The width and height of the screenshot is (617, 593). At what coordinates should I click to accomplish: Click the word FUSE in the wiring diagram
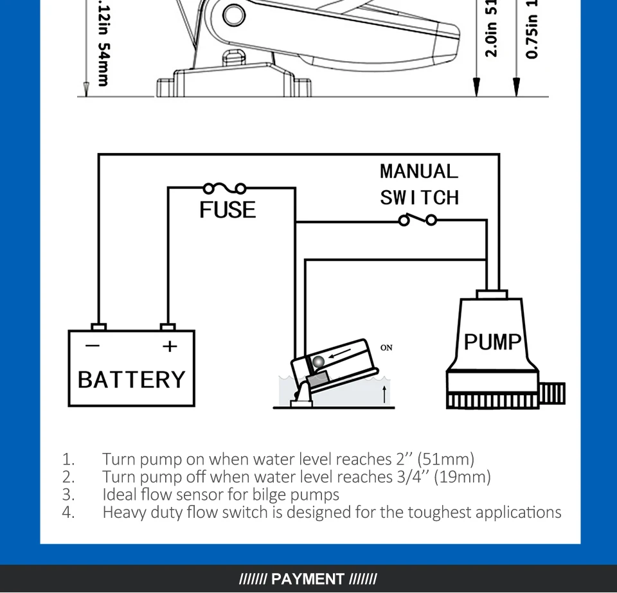pos(228,209)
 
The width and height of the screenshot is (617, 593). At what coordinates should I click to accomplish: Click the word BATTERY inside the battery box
pos(131,379)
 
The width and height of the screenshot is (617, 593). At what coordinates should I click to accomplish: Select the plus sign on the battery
pos(169,346)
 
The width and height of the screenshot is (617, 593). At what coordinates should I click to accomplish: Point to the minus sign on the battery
pos(93,346)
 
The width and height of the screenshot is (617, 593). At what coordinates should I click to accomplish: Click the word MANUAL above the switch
pos(419,172)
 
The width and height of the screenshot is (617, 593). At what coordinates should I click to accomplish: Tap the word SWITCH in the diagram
pos(419,197)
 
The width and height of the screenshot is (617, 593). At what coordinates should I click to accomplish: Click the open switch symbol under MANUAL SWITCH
pos(418,220)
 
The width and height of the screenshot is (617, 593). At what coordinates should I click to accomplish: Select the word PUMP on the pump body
pos(492,341)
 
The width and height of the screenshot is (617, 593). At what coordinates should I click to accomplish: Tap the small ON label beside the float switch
pos(386,348)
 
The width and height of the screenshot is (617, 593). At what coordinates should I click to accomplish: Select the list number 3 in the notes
pos(69,495)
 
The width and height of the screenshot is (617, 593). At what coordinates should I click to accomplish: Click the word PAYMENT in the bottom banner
pos(308,579)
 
